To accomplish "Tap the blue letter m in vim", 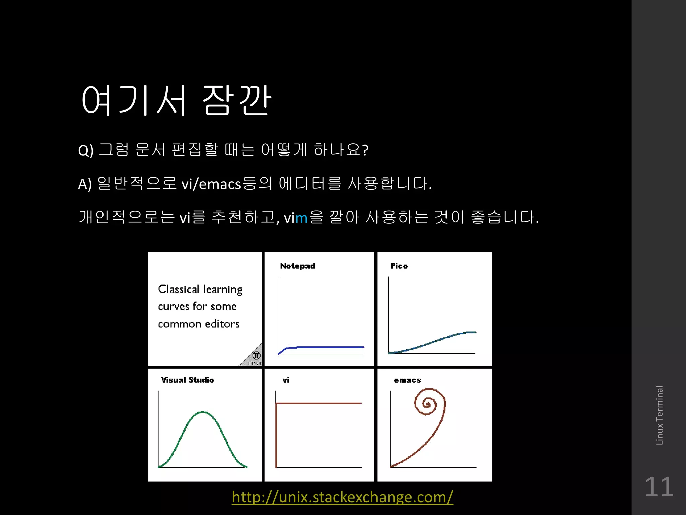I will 301,218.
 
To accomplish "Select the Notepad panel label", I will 297,266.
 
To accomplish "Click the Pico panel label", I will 399,266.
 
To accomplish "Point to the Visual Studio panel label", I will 188,380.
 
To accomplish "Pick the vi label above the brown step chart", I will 286,380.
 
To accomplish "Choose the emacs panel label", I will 407,380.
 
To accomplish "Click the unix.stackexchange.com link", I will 342,497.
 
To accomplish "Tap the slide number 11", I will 659,487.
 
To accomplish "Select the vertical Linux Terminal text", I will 659,415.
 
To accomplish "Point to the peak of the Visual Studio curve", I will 203,412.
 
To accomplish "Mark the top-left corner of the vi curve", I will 276,404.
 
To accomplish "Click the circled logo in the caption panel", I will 256,355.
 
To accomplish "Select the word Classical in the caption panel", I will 179,289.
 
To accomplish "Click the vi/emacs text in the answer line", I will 211,184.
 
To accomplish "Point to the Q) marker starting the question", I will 86,150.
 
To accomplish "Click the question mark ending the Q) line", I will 365,150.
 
